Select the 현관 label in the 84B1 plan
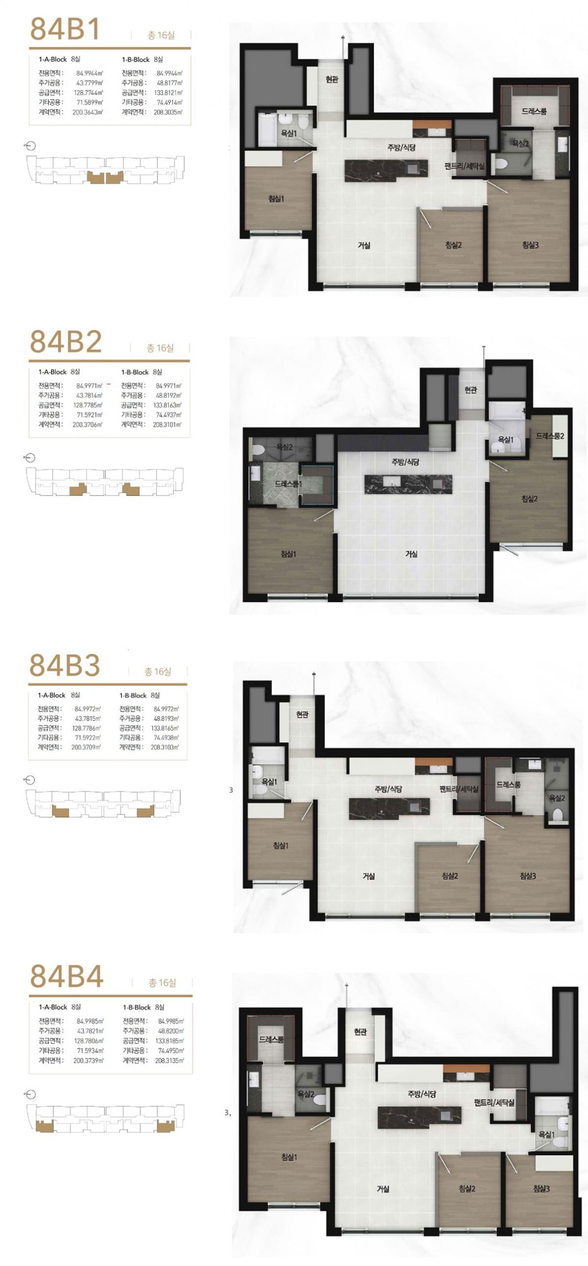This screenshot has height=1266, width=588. coord(332,79)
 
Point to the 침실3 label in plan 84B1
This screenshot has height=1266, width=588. coord(530,245)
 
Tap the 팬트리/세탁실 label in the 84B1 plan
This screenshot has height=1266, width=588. coord(464,167)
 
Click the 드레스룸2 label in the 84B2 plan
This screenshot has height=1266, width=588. coord(550,436)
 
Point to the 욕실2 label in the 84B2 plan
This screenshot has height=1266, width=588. coord(285,447)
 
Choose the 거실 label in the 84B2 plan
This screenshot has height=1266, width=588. coord(411,554)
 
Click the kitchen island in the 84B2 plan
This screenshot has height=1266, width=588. coord(408,484)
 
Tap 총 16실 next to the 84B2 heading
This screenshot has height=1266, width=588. coord(160,349)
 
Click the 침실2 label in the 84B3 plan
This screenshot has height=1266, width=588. coord(450,876)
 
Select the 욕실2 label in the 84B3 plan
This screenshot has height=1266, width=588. coord(557,798)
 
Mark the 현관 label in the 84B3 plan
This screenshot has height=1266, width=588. coord(302,715)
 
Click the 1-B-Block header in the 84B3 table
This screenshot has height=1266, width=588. coord(133,695)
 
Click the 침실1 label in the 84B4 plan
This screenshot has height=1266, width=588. coord(289,1157)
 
